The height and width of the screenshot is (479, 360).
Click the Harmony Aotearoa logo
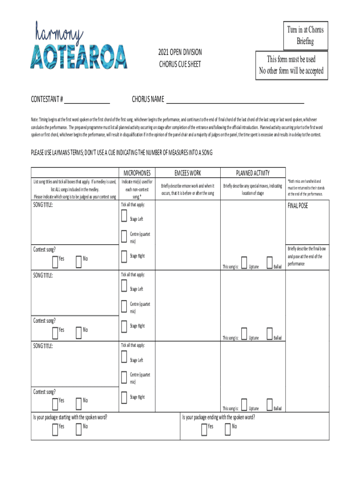pos(79,45)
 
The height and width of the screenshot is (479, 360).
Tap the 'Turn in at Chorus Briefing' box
pos(305,36)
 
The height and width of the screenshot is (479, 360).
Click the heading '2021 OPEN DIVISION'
pos(180,51)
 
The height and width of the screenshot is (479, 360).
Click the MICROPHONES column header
pos(137,173)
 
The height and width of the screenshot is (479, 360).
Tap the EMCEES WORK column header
pos(187,173)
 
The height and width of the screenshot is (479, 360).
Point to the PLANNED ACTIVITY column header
pos(252,173)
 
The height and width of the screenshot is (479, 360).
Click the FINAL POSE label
pos(298,206)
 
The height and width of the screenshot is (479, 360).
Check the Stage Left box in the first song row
pos(123,216)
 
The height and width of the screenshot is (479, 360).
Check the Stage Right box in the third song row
pos(123,398)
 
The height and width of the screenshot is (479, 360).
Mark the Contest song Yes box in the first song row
pos(54,260)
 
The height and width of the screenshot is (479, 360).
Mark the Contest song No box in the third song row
pos(78,401)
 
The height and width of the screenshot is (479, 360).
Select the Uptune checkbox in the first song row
pos(244,263)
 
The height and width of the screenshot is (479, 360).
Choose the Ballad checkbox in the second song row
pos(269,334)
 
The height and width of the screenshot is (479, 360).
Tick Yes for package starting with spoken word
pos(54,427)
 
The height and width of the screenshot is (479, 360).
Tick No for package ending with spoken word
pos(228,427)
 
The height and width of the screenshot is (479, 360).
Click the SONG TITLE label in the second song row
pos(43,276)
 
